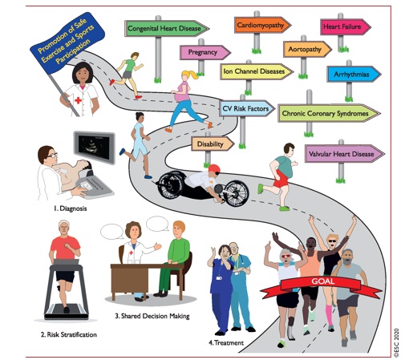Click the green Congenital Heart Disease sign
(167, 28)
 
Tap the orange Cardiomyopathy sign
(262, 25)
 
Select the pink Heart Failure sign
(346, 26)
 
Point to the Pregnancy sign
(205, 52)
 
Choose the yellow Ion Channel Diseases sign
(257, 71)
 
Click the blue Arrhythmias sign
(354, 74)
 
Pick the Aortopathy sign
(307, 49)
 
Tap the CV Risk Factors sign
(247, 108)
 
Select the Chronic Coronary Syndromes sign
(329, 113)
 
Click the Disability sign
(213, 144)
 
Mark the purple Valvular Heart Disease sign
(345, 154)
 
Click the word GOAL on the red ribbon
(323, 281)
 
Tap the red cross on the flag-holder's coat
(78, 100)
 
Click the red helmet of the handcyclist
(214, 169)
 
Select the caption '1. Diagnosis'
(70, 208)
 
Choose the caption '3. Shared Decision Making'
(152, 316)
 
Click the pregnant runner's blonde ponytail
(191, 74)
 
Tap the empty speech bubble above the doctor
(111, 232)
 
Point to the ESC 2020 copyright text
(396, 342)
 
